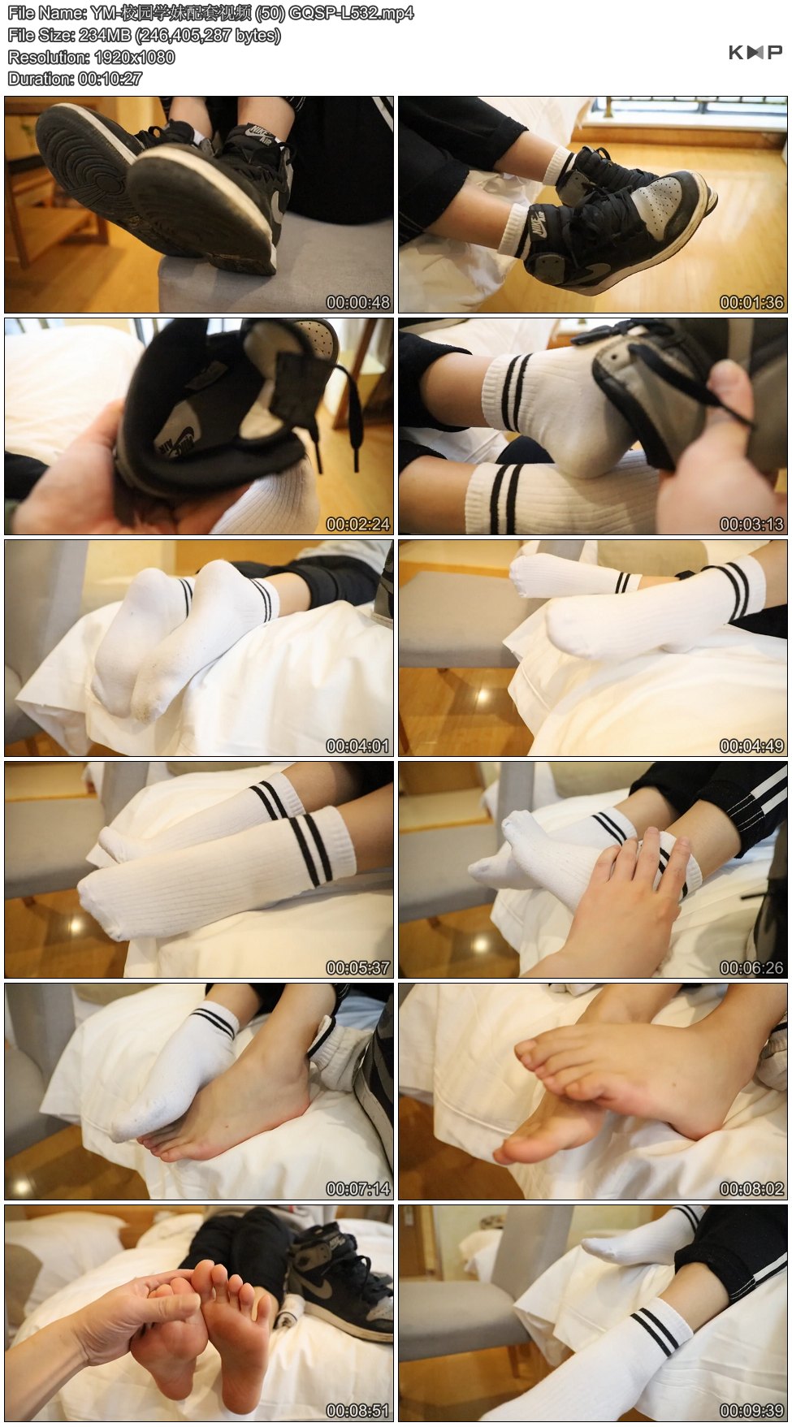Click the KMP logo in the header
755,52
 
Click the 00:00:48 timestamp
358,302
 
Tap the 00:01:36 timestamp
751,302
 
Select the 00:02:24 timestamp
358,524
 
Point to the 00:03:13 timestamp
751,524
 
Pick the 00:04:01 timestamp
358,746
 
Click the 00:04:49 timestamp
751,746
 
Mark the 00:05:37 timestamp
358,967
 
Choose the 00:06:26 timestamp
751,967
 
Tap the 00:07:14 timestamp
358,1189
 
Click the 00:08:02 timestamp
751,1189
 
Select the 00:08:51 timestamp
358,1411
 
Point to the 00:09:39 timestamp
751,1411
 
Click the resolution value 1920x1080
135,58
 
